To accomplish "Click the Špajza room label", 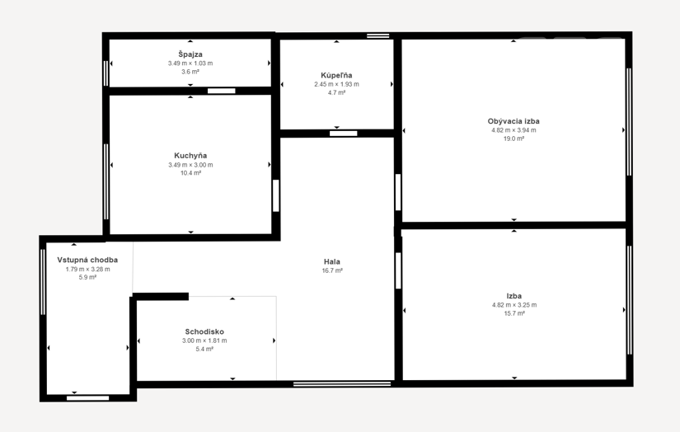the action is (190, 54).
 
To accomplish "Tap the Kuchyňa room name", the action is (190, 156).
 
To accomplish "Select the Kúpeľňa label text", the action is (336, 75).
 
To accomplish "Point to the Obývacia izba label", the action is (514, 121).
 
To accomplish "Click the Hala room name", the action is (332, 261).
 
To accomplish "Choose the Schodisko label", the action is (204, 331).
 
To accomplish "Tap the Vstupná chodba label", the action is (87, 260).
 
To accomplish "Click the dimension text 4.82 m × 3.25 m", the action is (514, 305).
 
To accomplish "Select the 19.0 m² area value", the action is (514, 139).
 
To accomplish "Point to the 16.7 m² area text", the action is (332, 270).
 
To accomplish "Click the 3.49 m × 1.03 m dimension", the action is (190, 63).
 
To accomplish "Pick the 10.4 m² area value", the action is (190, 173).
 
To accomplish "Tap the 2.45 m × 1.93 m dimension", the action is (336, 84).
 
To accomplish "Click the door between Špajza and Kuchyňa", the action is (221, 91).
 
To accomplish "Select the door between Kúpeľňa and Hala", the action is (343, 134).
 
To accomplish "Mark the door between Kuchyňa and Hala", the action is (276, 195).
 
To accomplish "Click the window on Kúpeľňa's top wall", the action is (378, 35).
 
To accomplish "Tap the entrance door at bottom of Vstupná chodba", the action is (87, 398).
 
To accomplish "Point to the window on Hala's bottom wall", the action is (342, 384).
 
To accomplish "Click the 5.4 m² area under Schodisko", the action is (204, 350).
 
